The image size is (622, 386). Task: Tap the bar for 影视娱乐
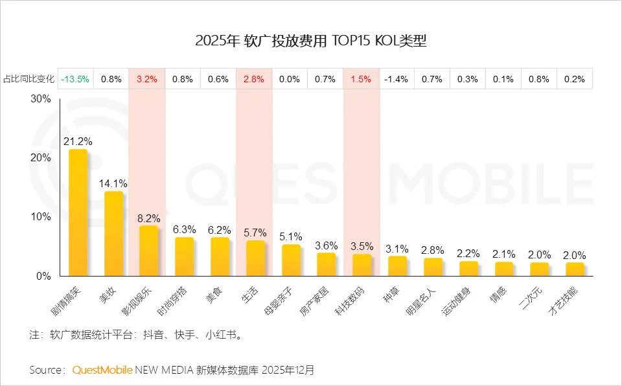tap(148, 251)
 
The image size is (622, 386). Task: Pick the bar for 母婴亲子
tap(291, 260)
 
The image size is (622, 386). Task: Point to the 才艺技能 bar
tap(575, 269)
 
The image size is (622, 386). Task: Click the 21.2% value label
tap(77, 141)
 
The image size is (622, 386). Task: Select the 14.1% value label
tap(113, 183)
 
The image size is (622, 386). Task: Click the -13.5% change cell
tap(76, 80)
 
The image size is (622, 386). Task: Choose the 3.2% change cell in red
tap(147, 80)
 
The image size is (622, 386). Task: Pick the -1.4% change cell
tap(396, 80)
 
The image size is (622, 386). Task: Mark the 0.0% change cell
tap(290, 80)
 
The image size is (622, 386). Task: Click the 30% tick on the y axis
tap(40, 99)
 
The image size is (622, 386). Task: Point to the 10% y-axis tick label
tap(40, 217)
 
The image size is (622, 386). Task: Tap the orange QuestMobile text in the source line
tap(102, 370)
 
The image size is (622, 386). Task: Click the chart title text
tap(311, 41)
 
